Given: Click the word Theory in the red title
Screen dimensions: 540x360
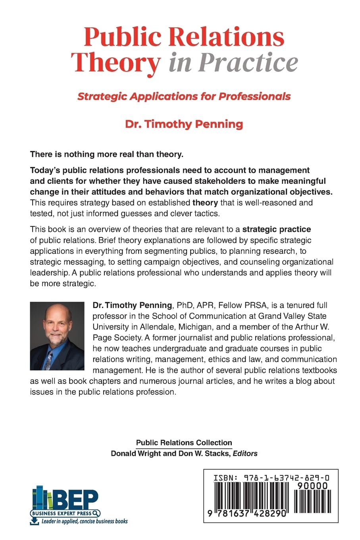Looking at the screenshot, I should [116, 62].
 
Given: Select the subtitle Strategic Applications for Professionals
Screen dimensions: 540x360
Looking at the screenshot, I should [184, 96].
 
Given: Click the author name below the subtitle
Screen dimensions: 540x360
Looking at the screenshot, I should [184, 124].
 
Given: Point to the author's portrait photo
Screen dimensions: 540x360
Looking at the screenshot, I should [57, 336].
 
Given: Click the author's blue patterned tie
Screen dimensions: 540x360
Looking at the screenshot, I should [49, 359].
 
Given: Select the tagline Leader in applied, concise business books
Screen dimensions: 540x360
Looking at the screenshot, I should [85, 521].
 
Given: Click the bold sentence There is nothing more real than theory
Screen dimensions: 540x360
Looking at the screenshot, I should [107, 154].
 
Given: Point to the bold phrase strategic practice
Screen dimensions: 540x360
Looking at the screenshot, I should [277, 229].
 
